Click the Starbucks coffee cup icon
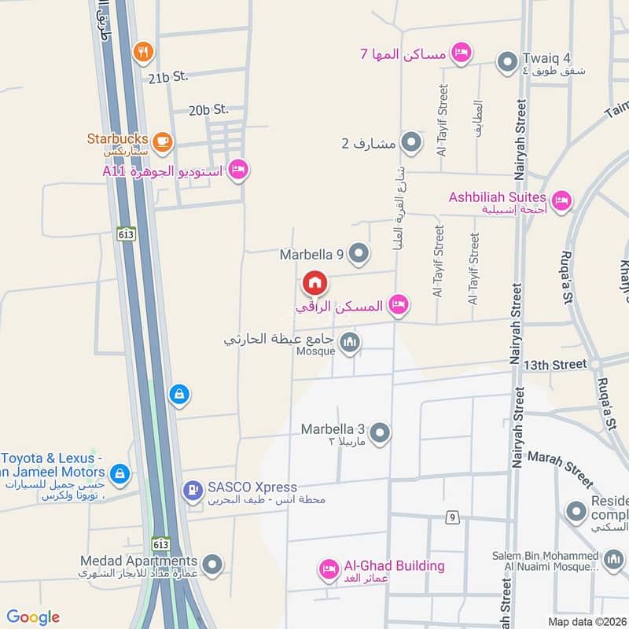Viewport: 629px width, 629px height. [x=163, y=142]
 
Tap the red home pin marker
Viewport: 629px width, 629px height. [x=314, y=282]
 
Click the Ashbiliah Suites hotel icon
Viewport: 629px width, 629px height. [x=561, y=200]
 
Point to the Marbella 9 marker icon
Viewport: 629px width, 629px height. [x=359, y=253]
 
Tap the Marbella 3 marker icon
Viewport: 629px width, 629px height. [x=380, y=432]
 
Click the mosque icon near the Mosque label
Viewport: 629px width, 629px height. [x=351, y=342]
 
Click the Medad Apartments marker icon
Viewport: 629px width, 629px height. [x=212, y=564]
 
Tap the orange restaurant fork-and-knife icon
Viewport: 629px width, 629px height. [x=143, y=52]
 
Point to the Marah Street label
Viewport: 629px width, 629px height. [x=561, y=469]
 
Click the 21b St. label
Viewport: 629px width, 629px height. [x=168, y=76]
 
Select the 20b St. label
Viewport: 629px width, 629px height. [x=208, y=110]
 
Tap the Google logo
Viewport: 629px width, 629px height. [x=33, y=617]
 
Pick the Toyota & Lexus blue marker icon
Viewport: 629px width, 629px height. [x=120, y=473]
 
